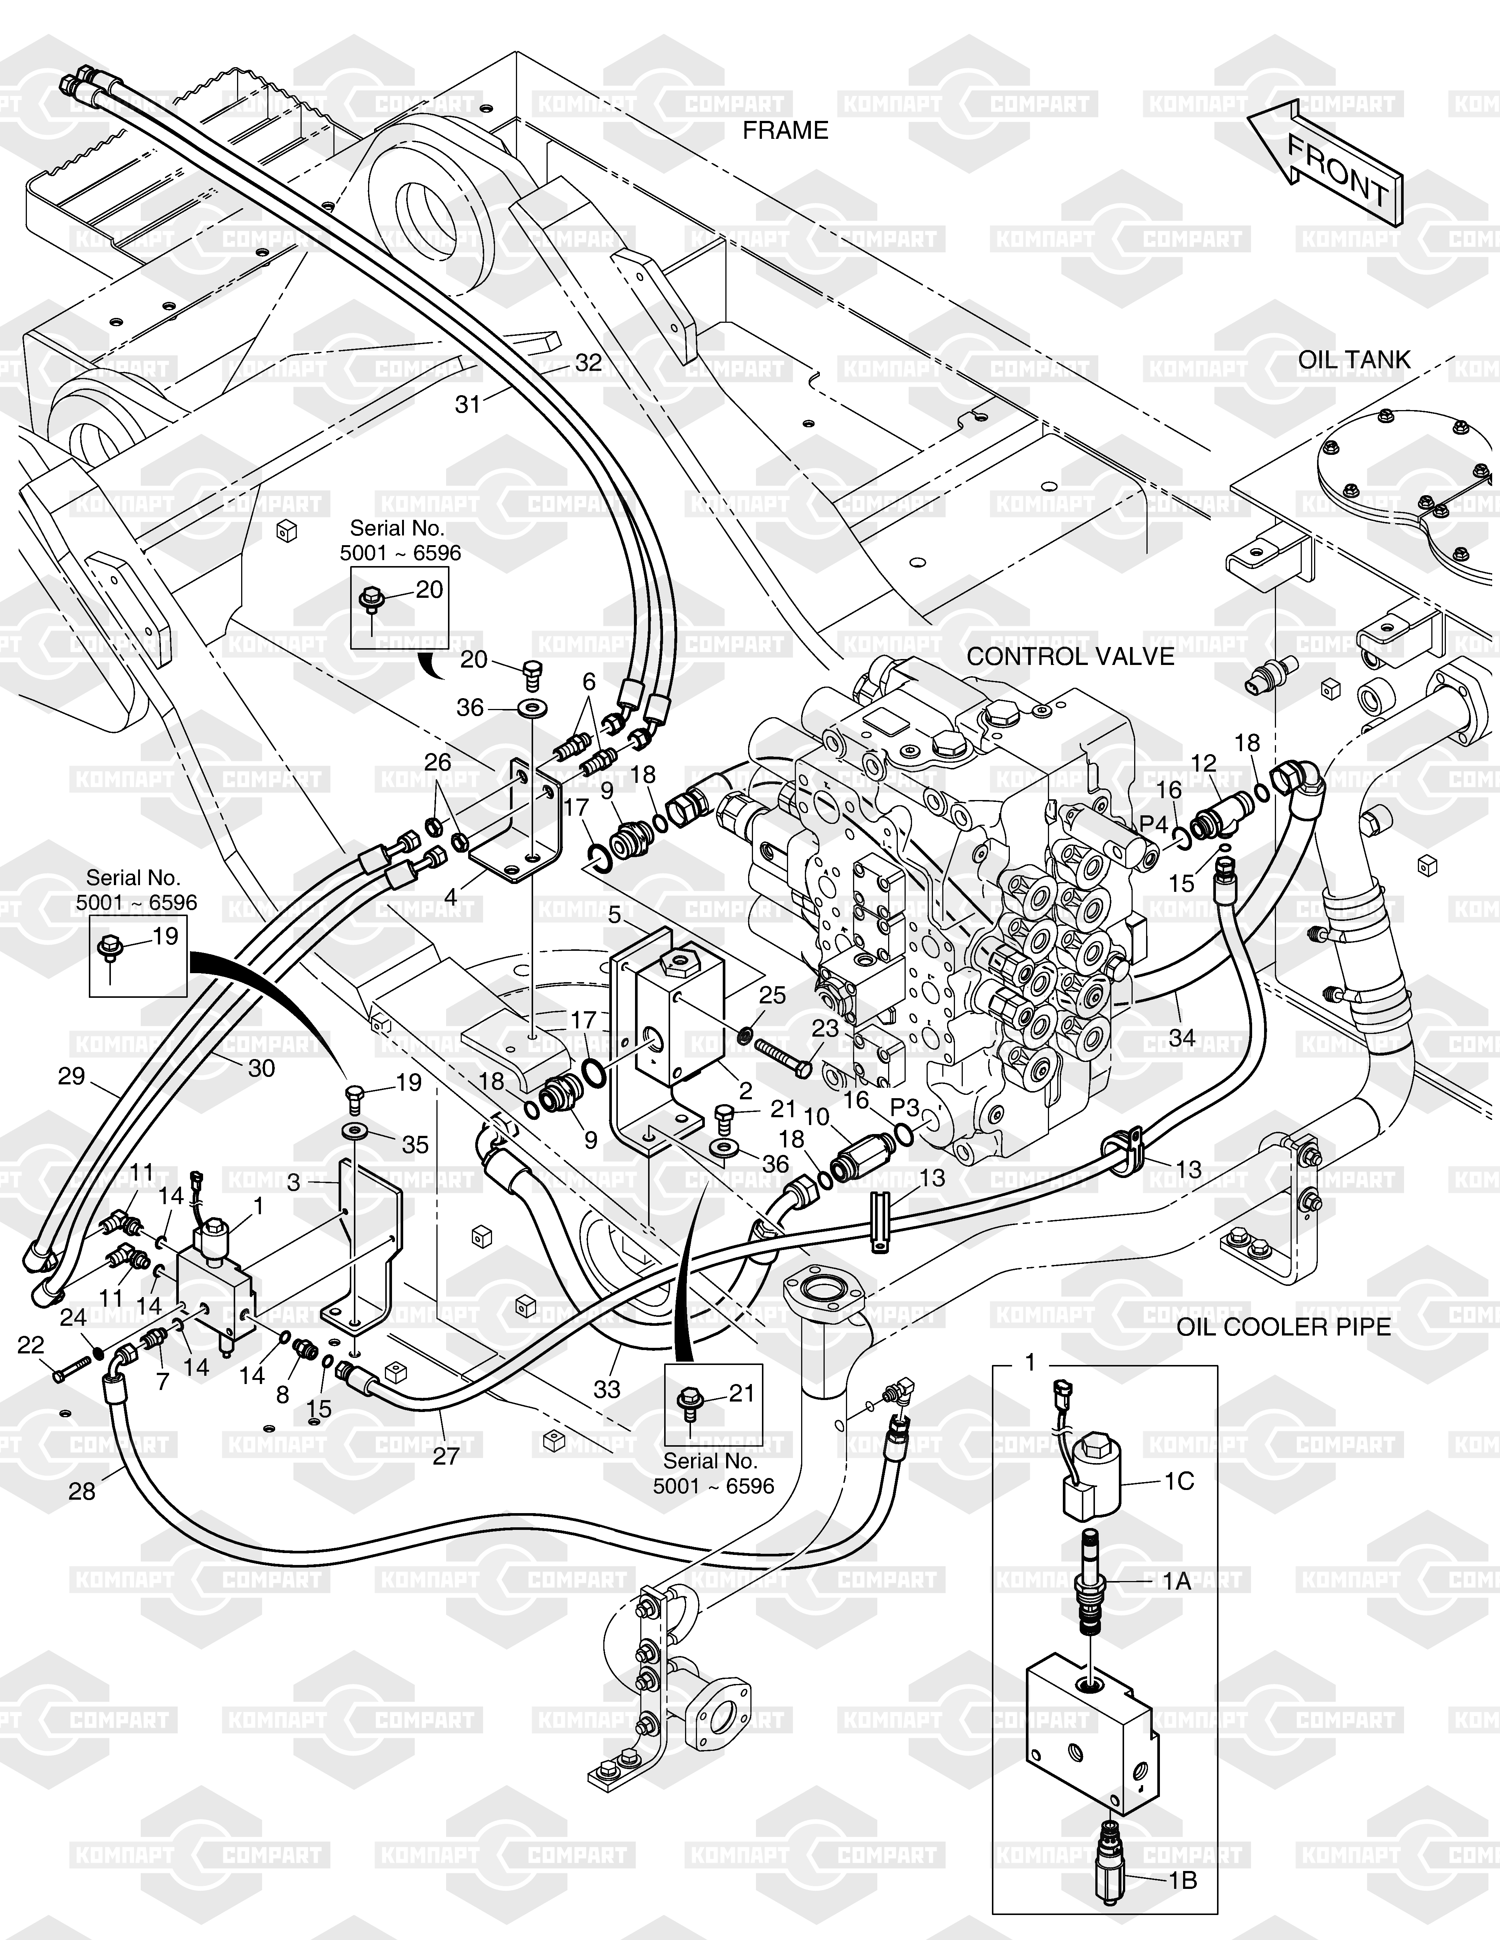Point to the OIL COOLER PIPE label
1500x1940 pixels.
pyautogui.click(x=1283, y=1327)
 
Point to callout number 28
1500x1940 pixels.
pyautogui.click(x=82, y=1491)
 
